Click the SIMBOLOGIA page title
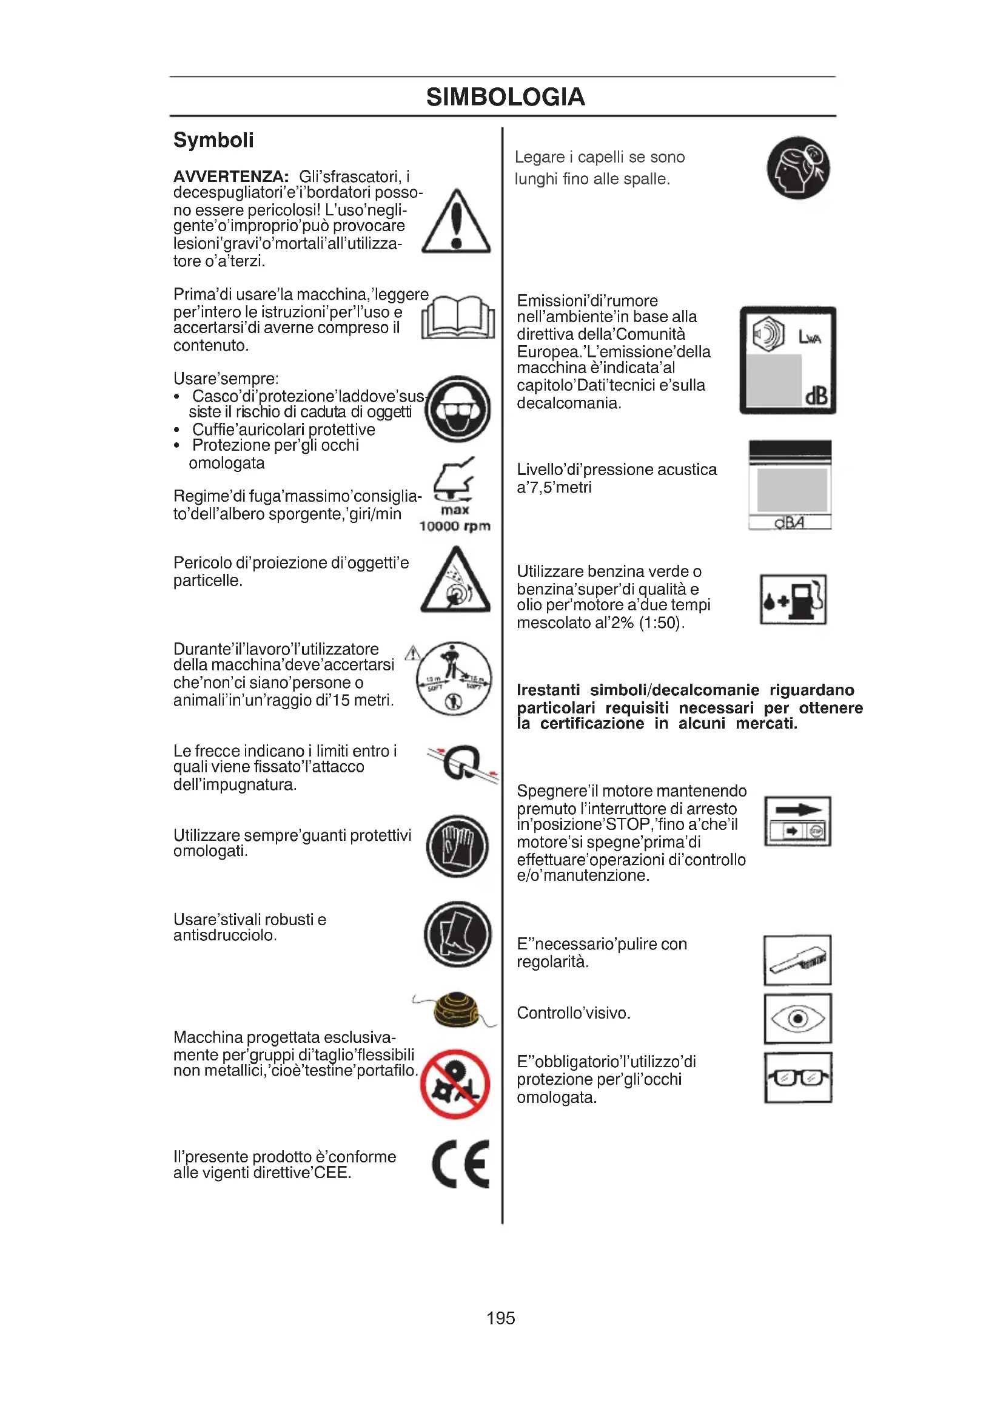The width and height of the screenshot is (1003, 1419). pyautogui.click(x=505, y=97)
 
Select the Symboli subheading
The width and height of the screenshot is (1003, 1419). pyautogui.click(x=213, y=140)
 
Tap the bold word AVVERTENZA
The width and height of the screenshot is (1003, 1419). pyautogui.click(x=230, y=177)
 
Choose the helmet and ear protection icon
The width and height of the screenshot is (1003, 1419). pyautogui.click(x=458, y=409)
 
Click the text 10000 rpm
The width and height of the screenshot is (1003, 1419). pyautogui.click(x=455, y=526)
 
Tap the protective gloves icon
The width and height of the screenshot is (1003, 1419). pyautogui.click(x=458, y=846)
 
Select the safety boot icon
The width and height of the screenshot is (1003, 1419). pyautogui.click(x=458, y=934)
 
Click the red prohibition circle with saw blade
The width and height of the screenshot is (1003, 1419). pyautogui.click(x=455, y=1084)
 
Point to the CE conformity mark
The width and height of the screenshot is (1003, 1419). pyautogui.click(x=461, y=1164)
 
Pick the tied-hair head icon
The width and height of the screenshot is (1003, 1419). pyautogui.click(x=798, y=168)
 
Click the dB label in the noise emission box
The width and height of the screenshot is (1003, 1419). pyautogui.click(x=816, y=396)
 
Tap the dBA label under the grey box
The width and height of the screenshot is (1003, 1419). pyautogui.click(x=790, y=523)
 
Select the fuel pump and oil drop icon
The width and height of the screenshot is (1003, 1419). pyautogui.click(x=793, y=599)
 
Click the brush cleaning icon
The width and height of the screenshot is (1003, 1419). pyautogui.click(x=797, y=960)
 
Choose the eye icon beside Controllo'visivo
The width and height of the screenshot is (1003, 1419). pyautogui.click(x=797, y=1019)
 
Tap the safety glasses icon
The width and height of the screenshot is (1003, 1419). pyautogui.click(x=797, y=1078)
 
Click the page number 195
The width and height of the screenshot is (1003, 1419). pyautogui.click(x=500, y=1318)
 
